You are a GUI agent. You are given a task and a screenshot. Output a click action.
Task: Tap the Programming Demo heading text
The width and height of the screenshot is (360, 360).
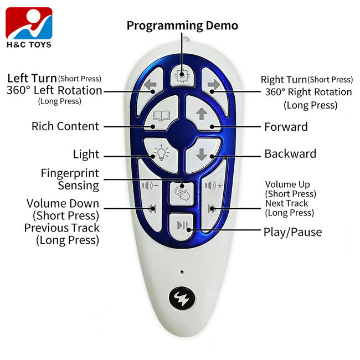[x=182, y=25]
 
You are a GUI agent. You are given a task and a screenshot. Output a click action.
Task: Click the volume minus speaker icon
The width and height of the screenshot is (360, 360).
[x=151, y=186]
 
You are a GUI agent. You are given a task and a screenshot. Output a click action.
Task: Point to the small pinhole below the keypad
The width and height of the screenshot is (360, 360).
[x=182, y=272]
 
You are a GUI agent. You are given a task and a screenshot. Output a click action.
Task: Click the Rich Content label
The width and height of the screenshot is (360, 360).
[x=65, y=126]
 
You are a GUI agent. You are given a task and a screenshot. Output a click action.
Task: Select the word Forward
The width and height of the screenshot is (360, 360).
[x=286, y=127]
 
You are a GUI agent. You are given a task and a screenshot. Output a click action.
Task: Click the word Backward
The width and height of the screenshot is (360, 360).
[x=290, y=154]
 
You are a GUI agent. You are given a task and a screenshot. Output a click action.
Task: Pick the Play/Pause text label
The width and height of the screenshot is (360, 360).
[x=292, y=232]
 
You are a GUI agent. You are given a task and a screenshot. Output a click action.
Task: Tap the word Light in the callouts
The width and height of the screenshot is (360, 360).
[x=86, y=155]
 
